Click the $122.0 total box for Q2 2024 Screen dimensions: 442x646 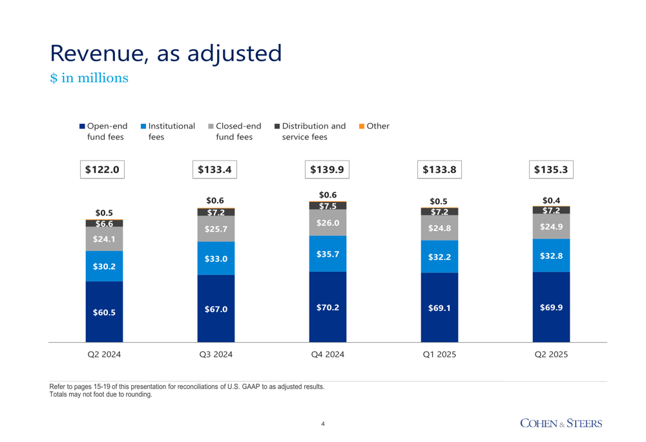104,170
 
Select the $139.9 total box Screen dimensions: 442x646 328,170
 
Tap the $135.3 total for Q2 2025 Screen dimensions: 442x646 551,170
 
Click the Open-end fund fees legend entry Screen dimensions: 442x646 103,131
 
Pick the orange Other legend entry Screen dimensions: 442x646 374,126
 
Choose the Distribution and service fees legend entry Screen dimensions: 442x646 309,131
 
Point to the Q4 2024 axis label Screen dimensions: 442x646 328,354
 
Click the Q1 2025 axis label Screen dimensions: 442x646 439,354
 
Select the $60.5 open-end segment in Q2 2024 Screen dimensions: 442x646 104,312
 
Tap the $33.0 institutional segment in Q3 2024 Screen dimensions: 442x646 216,259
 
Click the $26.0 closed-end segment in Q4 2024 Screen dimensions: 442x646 328,223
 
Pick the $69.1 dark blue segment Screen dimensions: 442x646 439,308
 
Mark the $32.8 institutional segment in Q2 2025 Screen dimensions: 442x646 551,256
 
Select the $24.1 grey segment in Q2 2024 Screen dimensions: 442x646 104,239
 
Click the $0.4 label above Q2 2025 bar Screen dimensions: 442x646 551,200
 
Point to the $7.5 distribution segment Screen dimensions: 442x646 328,206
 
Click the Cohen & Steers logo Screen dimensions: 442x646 561,423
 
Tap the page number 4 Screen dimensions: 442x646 323,424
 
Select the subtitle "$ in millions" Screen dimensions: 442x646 89,78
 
